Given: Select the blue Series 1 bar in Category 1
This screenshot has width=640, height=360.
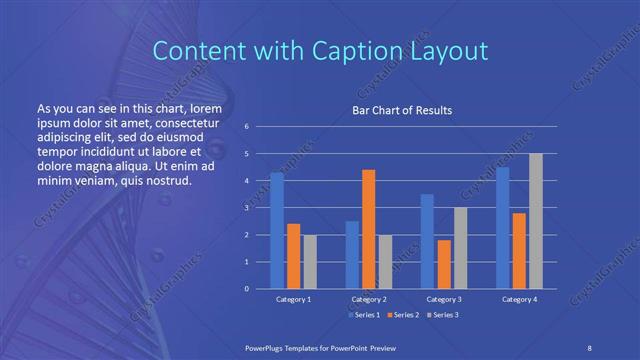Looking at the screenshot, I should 276,230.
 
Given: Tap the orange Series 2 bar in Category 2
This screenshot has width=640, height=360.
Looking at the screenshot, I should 368,229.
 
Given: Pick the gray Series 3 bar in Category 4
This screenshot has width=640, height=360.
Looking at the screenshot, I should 536,221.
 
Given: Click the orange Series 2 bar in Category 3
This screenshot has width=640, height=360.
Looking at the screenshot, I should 444,264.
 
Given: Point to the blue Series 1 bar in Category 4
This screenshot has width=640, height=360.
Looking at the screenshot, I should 503,227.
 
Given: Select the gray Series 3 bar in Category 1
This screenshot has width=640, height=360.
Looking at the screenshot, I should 309,261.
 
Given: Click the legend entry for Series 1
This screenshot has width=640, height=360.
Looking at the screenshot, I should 364,315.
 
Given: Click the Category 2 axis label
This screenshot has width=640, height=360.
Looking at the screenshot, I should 368,299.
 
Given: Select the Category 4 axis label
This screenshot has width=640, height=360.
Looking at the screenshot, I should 519,299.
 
